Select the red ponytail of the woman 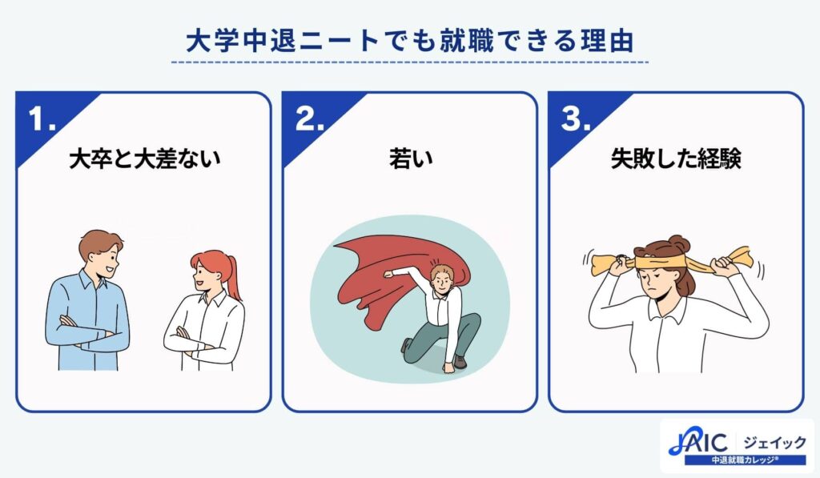233,276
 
